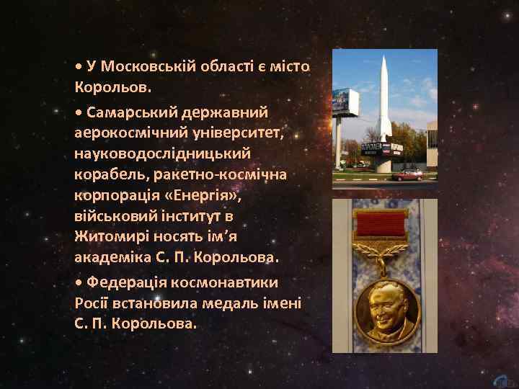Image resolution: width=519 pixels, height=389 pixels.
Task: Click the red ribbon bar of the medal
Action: point(383,225)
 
